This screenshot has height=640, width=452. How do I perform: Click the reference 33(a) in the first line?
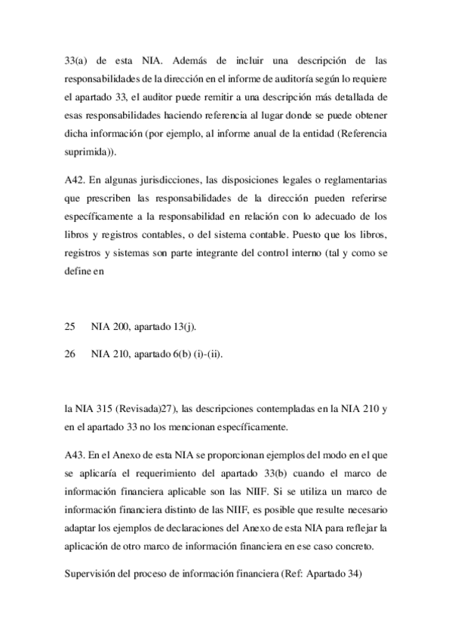(76, 58)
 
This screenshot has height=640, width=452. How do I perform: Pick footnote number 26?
(70, 353)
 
